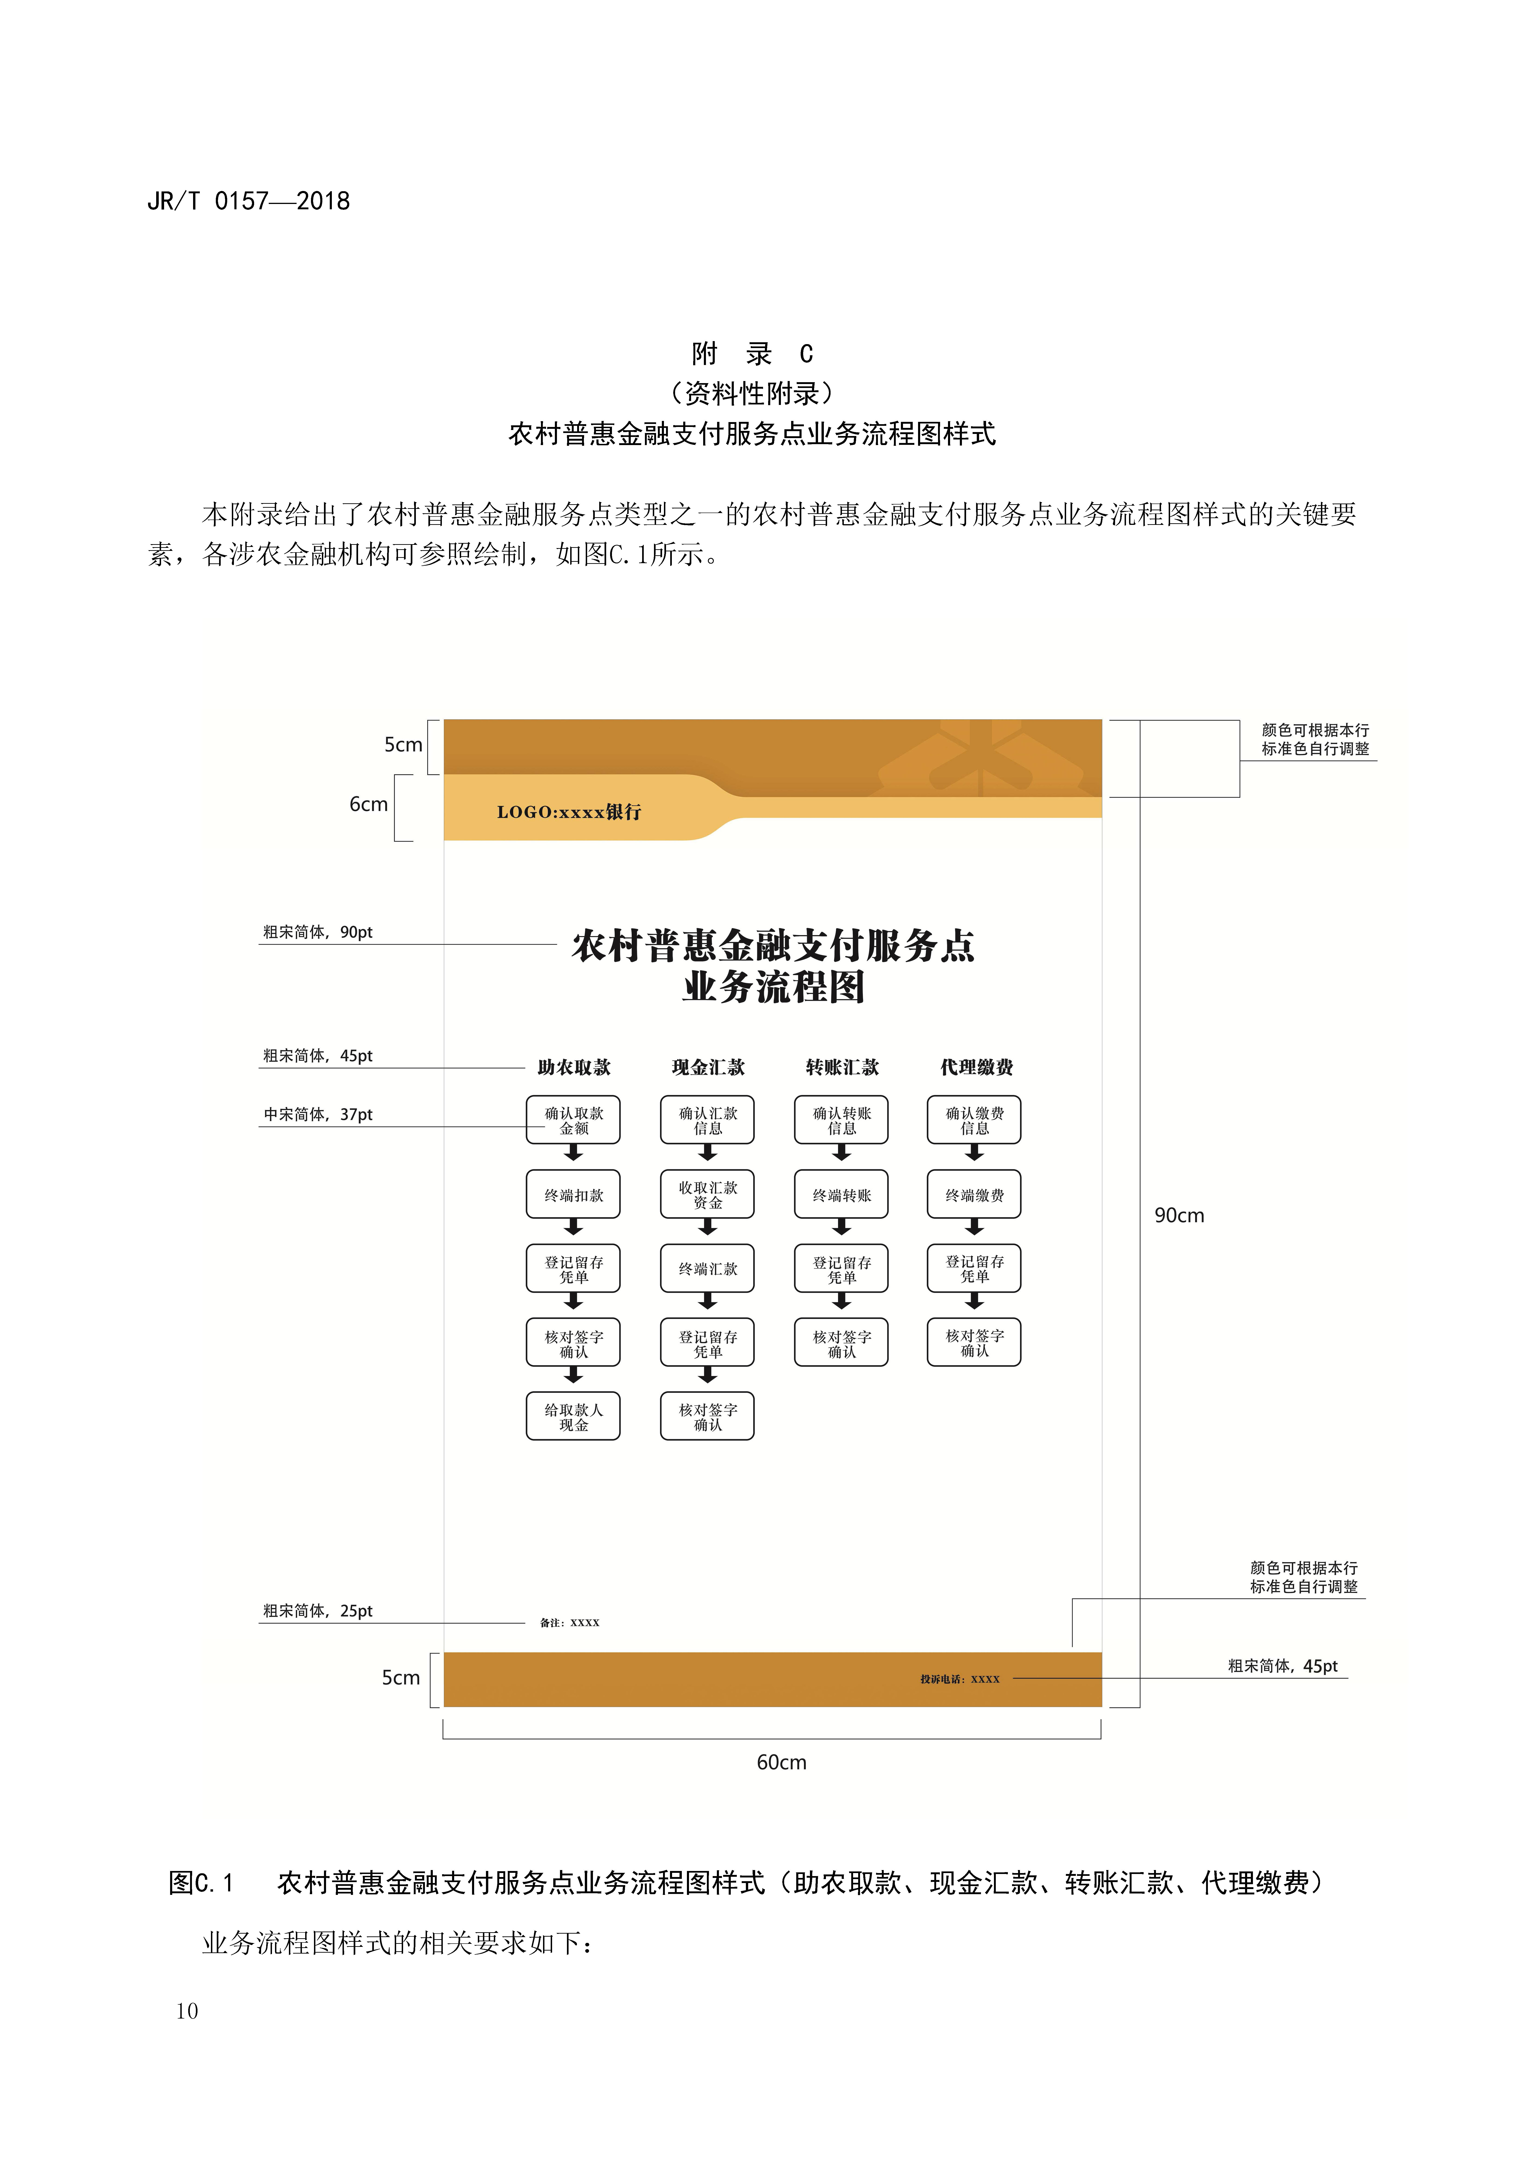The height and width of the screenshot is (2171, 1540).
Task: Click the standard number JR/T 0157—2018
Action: (249, 201)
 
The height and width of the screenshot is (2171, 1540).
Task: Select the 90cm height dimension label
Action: (1179, 1215)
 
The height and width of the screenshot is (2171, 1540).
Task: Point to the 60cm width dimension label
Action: (781, 1762)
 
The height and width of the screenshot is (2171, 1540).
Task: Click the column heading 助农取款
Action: (574, 1067)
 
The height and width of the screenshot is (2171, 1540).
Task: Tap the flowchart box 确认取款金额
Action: (574, 1121)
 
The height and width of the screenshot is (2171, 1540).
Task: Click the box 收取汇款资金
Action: (707, 1195)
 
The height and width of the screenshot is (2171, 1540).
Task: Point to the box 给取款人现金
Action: (574, 1416)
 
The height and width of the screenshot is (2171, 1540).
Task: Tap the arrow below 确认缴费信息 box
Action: (974, 1153)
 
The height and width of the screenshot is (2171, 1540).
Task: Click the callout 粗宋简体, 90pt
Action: (318, 932)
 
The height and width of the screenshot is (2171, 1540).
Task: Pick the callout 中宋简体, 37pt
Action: (318, 1115)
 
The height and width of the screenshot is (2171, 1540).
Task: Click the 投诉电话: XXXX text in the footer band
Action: (960, 1679)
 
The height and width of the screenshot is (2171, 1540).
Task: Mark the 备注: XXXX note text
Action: (570, 1623)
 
